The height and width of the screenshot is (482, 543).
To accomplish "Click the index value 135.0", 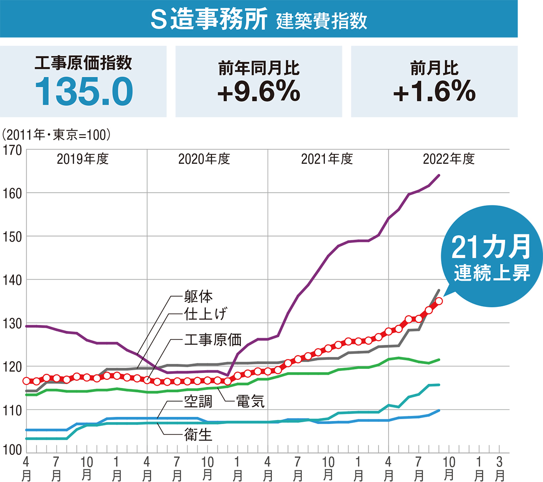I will [84, 91].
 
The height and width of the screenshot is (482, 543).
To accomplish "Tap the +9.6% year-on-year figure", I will [258, 91].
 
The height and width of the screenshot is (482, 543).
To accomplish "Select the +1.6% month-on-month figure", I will [434, 91].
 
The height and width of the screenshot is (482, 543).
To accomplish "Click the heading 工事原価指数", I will [84, 63].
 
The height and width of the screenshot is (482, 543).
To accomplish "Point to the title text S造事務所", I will [209, 20].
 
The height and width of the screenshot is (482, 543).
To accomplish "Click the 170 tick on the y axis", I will [12, 150].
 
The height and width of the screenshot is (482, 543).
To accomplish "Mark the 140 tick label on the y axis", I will [12, 280].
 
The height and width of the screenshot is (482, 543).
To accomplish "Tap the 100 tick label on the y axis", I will [12, 450].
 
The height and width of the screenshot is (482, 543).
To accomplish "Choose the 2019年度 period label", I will [83, 159].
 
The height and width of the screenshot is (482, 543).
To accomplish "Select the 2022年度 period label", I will [448, 159].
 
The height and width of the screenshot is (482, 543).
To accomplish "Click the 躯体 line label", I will [198, 296].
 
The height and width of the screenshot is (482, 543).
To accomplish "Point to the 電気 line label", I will [250, 401].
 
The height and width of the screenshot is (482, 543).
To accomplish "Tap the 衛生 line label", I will [198, 435].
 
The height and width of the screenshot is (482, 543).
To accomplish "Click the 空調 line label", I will [198, 401].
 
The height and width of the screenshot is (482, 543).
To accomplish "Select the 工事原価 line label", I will [213, 340].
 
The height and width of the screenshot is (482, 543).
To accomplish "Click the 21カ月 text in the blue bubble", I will [491, 247].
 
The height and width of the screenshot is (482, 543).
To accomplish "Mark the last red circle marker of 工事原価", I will [439, 301].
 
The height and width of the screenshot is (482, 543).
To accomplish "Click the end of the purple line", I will [439, 175].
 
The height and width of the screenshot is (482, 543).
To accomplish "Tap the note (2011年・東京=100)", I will [57, 134].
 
